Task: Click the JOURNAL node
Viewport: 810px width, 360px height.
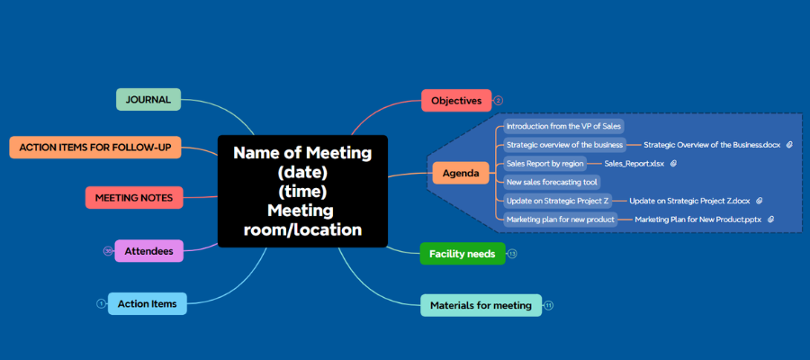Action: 148,99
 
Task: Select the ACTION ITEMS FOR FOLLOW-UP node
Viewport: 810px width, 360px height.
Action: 95,147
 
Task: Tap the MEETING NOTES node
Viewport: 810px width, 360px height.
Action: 134,197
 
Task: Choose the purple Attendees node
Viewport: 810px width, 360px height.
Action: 148,251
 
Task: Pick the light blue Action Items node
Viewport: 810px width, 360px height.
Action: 147,303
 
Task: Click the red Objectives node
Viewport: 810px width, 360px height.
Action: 456,101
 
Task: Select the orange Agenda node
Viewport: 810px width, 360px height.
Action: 460,173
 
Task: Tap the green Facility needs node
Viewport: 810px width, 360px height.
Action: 462,254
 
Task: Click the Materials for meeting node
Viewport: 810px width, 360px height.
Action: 481,305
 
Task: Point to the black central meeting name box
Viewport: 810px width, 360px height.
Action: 302,191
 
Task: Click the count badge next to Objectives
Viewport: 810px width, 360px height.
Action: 499,101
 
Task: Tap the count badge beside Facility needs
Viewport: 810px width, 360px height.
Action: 512,254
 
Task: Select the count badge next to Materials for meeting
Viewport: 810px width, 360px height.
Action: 549,306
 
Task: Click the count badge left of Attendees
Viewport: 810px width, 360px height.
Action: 108,251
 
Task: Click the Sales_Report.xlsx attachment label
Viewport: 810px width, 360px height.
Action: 634,164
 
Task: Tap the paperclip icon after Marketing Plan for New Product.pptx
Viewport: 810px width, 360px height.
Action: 771,219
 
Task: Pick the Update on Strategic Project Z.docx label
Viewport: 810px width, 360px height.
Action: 689,201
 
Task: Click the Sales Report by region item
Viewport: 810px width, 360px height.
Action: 544,164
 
